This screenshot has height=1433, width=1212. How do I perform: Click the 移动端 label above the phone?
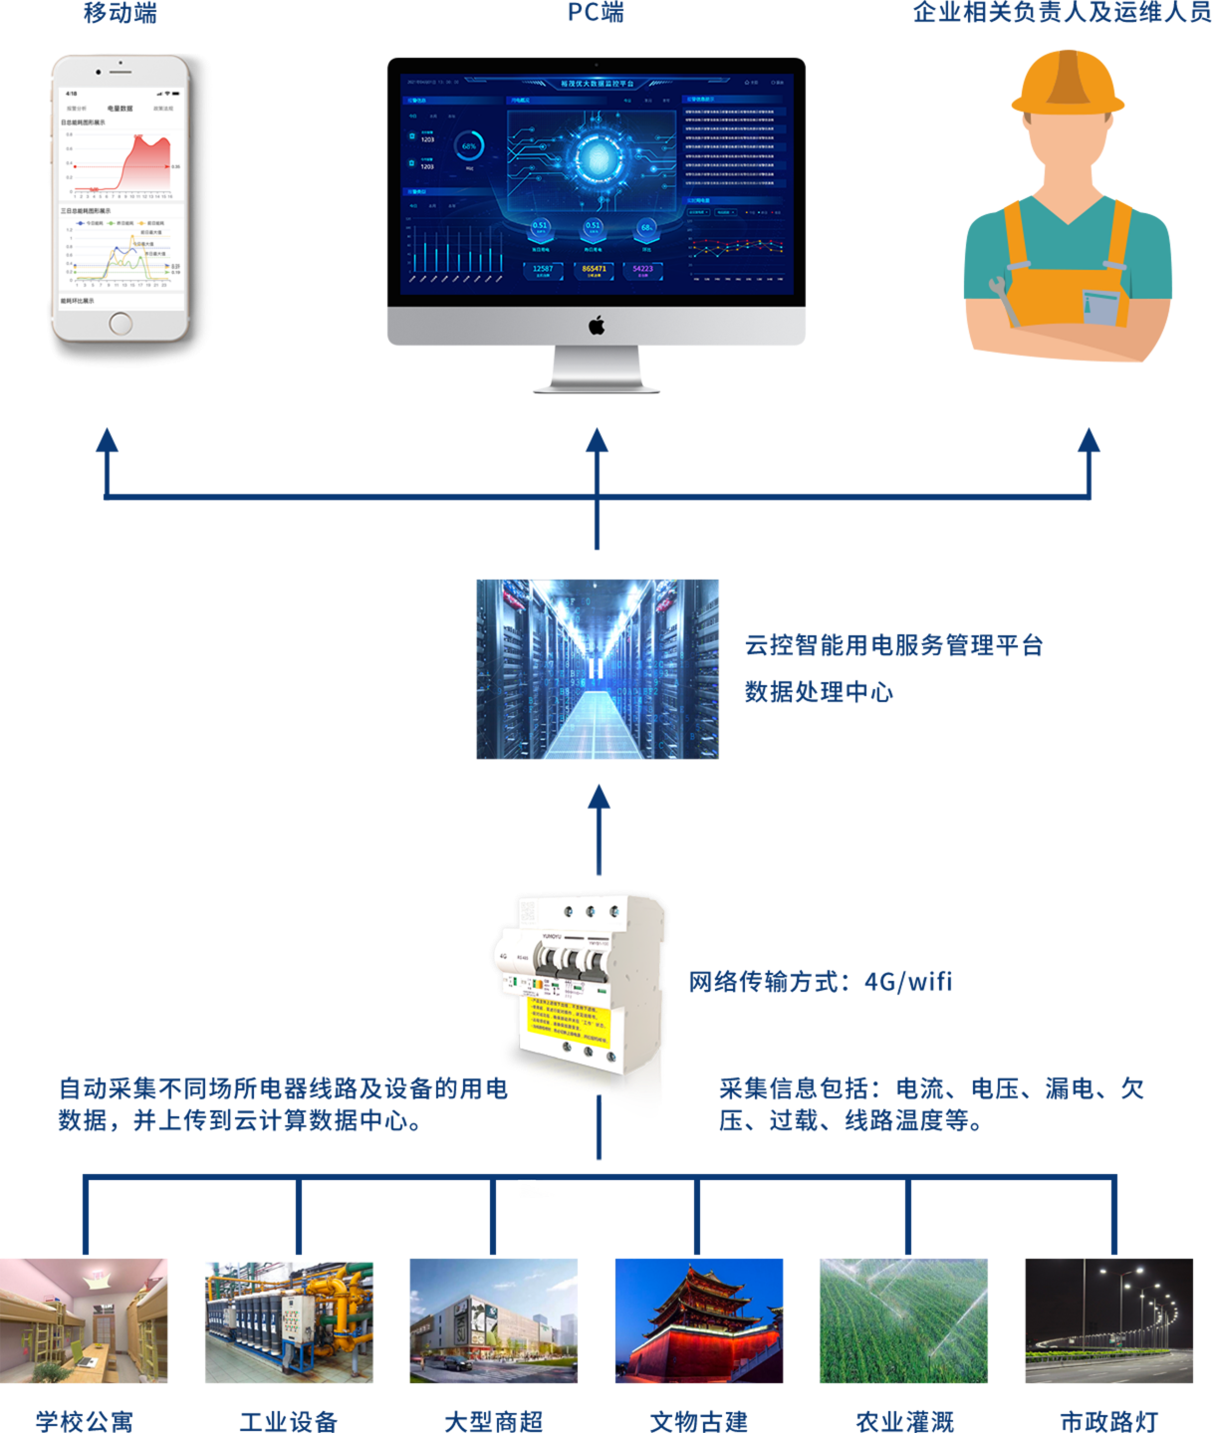120,13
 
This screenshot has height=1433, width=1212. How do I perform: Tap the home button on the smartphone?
121,323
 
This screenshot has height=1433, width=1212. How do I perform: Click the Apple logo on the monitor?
597,326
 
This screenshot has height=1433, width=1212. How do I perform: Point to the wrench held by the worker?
1005,300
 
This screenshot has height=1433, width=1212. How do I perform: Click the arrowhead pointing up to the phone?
107,441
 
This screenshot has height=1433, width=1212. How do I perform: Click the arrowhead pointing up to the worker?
1089,441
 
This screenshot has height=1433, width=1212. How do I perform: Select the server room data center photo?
597,669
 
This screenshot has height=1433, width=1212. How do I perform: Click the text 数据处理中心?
819,692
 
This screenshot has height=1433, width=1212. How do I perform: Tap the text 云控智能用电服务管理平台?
893,645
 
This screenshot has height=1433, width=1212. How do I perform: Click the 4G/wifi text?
908,982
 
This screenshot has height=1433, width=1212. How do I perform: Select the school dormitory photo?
85,1320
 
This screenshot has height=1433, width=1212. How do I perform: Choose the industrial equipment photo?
289,1320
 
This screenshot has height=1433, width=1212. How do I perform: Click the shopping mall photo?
493,1320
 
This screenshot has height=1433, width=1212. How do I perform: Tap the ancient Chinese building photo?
699,1320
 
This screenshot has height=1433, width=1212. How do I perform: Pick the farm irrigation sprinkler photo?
903,1320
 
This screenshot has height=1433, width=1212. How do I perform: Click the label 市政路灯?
1108,1421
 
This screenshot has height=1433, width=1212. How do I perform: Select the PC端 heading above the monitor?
596,13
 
